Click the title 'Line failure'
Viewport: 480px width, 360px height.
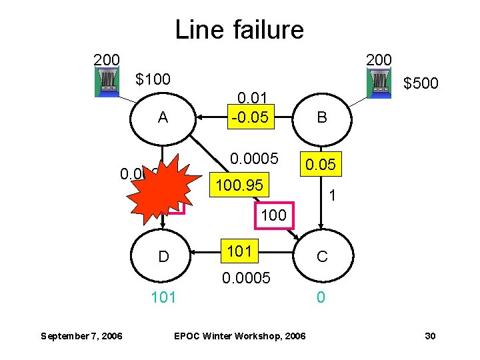click(x=239, y=29)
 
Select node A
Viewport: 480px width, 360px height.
click(x=163, y=118)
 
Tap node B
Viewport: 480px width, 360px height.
click(x=322, y=118)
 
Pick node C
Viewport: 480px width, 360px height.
click(x=322, y=256)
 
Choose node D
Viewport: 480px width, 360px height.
click(x=163, y=256)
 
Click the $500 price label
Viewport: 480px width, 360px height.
click(x=421, y=83)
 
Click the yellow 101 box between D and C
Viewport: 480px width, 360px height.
click(x=239, y=251)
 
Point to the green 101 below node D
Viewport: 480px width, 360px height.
click(x=163, y=297)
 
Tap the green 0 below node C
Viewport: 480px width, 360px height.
click(x=321, y=297)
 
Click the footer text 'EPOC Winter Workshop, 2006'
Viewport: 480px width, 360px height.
click(x=239, y=335)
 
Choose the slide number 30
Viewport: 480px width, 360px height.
click(x=430, y=335)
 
